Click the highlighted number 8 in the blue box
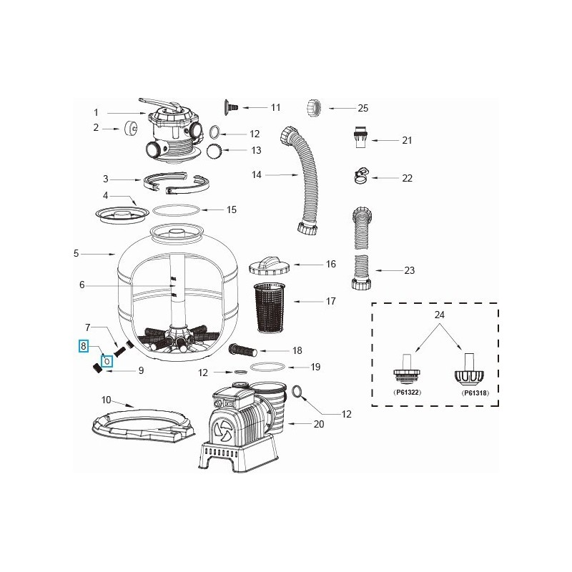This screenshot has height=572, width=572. [84, 347]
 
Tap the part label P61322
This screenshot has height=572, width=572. [405, 393]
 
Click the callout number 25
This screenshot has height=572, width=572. [363, 108]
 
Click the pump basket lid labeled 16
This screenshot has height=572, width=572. [269, 265]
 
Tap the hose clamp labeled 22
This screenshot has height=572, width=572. [362, 174]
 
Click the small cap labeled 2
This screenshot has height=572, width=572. [131, 129]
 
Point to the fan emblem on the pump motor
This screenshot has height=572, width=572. [222, 430]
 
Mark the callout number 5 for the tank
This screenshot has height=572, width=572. [76, 253]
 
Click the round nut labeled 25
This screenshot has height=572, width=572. [315, 108]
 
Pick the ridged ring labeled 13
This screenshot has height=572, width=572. [212, 151]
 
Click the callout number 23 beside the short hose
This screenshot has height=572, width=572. [409, 270]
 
